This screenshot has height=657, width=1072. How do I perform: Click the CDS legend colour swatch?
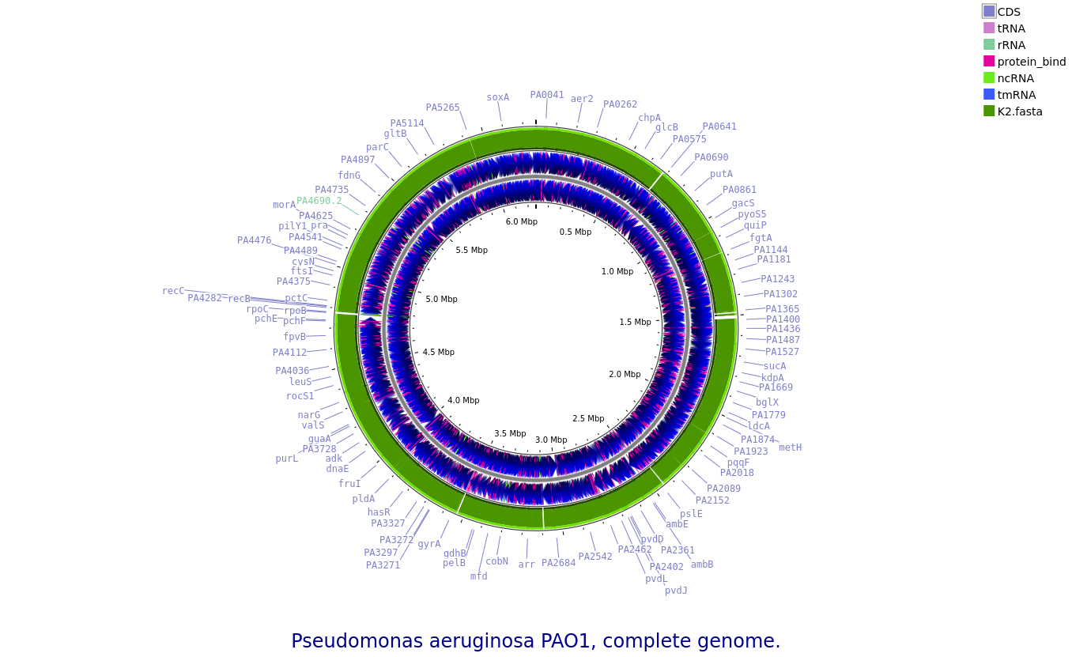tap(989, 11)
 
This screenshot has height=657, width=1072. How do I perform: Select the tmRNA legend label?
tap(1016, 95)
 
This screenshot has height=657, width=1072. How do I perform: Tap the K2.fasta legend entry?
tap(1019, 111)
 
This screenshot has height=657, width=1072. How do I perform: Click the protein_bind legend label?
tap(1031, 62)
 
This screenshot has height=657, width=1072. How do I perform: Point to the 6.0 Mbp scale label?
tap(522, 222)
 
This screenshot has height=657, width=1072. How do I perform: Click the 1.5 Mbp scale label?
tap(635, 323)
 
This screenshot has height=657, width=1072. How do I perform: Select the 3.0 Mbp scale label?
tap(551, 440)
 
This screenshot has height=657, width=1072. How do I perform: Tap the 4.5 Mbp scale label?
tap(438, 353)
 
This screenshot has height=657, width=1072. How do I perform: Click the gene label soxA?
tap(497, 98)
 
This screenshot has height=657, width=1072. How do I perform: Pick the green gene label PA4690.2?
tap(319, 201)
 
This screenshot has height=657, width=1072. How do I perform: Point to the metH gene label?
tap(790, 447)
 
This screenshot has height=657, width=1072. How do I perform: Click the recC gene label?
tap(173, 291)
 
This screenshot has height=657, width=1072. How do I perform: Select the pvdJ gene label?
tap(676, 591)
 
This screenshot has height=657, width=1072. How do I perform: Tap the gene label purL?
tap(287, 459)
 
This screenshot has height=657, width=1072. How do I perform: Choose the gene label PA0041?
tap(547, 95)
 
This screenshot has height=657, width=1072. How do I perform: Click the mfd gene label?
tap(479, 576)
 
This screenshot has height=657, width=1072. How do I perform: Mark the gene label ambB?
tap(702, 564)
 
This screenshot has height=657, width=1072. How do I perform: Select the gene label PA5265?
tap(443, 108)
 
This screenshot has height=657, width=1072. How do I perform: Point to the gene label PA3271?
tap(383, 565)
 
